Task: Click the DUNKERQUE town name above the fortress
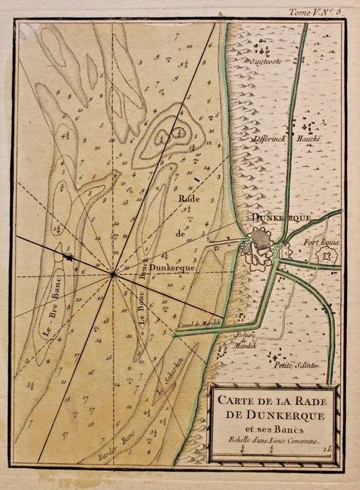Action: point(280,218)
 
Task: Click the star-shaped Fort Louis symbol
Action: point(329,256)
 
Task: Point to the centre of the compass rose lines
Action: point(113,273)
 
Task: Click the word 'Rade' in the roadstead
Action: point(188,200)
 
